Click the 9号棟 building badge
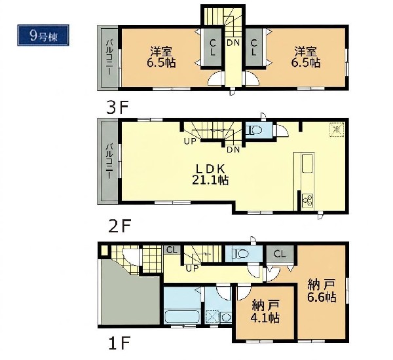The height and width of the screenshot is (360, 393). [43, 35]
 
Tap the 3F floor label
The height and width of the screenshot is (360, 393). [117, 108]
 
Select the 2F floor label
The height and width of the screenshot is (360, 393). [119, 227]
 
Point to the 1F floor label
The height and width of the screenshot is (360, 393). [119, 344]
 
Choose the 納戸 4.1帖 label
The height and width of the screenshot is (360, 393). [265, 312]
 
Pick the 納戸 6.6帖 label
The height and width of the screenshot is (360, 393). [322, 291]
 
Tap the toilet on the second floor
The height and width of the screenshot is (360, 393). [253, 130]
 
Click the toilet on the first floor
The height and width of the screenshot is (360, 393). [240, 254]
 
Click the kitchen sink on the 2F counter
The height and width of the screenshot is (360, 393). [308, 164]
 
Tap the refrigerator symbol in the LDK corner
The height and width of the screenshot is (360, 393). [337, 130]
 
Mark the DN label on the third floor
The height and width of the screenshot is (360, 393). [233, 43]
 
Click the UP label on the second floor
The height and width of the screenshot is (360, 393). [190, 141]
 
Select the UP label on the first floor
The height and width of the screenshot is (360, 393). [192, 268]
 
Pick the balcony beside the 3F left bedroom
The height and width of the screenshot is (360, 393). [109, 58]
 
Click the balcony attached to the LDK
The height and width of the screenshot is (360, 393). [109, 161]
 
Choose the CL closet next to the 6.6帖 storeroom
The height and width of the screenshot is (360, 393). [280, 254]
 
